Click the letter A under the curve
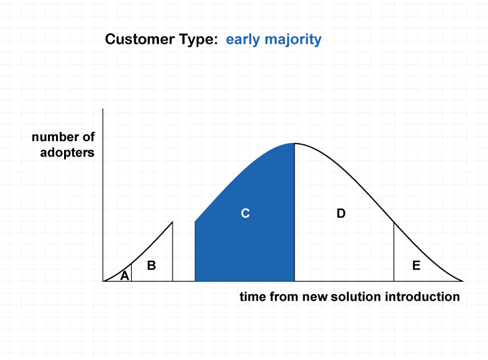[x=124, y=276]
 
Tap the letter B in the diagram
[x=151, y=265]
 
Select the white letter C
[x=245, y=213]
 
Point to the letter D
[x=341, y=213]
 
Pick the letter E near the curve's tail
[x=416, y=265]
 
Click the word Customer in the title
[x=140, y=39]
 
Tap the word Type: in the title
[x=198, y=40]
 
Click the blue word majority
[x=293, y=40]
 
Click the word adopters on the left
[x=67, y=153]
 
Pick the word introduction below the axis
[x=422, y=297]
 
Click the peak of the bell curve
[x=295, y=143]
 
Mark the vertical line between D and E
[x=394, y=252]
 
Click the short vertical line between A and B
[x=132, y=272]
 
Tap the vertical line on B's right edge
[x=173, y=252]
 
